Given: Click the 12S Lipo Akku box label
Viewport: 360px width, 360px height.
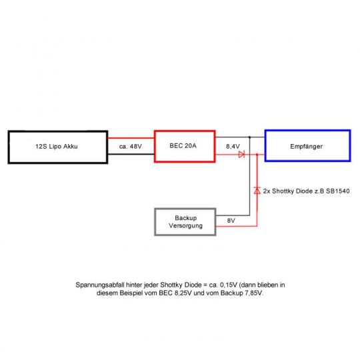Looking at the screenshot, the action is click(x=57, y=147).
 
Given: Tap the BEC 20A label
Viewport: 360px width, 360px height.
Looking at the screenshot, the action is click(x=183, y=145).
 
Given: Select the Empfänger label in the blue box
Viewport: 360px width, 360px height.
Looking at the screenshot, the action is click(x=306, y=147).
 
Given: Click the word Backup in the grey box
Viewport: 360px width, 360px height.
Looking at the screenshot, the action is click(x=186, y=217).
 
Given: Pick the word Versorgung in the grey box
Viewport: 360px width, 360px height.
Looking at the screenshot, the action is click(x=186, y=225).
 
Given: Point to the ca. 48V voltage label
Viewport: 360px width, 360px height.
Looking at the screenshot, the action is click(x=131, y=147).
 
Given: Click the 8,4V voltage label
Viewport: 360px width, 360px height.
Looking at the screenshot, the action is click(x=233, y=146).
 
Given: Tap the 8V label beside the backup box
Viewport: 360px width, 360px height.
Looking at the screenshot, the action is click(x=231, y=221).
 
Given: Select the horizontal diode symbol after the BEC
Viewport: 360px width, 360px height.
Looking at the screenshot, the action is click(x=241, y=154).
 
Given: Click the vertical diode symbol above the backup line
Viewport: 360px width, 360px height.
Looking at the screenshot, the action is click(x=257, y=191).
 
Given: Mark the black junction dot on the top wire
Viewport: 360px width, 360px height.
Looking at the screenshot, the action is click(x=249, y=137).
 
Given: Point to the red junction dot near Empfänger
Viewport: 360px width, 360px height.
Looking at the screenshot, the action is click(x=257, y=155).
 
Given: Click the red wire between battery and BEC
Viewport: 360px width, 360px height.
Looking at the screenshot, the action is click(x=131, y=138).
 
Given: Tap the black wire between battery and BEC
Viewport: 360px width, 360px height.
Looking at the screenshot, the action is click(x=131, y=154).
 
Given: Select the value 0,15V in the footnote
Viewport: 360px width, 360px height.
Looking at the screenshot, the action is click(x=229, y=285).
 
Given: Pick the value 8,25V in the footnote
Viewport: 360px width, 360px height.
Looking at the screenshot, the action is click(x=183, y=293).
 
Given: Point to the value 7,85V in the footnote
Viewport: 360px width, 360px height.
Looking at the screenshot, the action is click(x=253, y=293).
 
